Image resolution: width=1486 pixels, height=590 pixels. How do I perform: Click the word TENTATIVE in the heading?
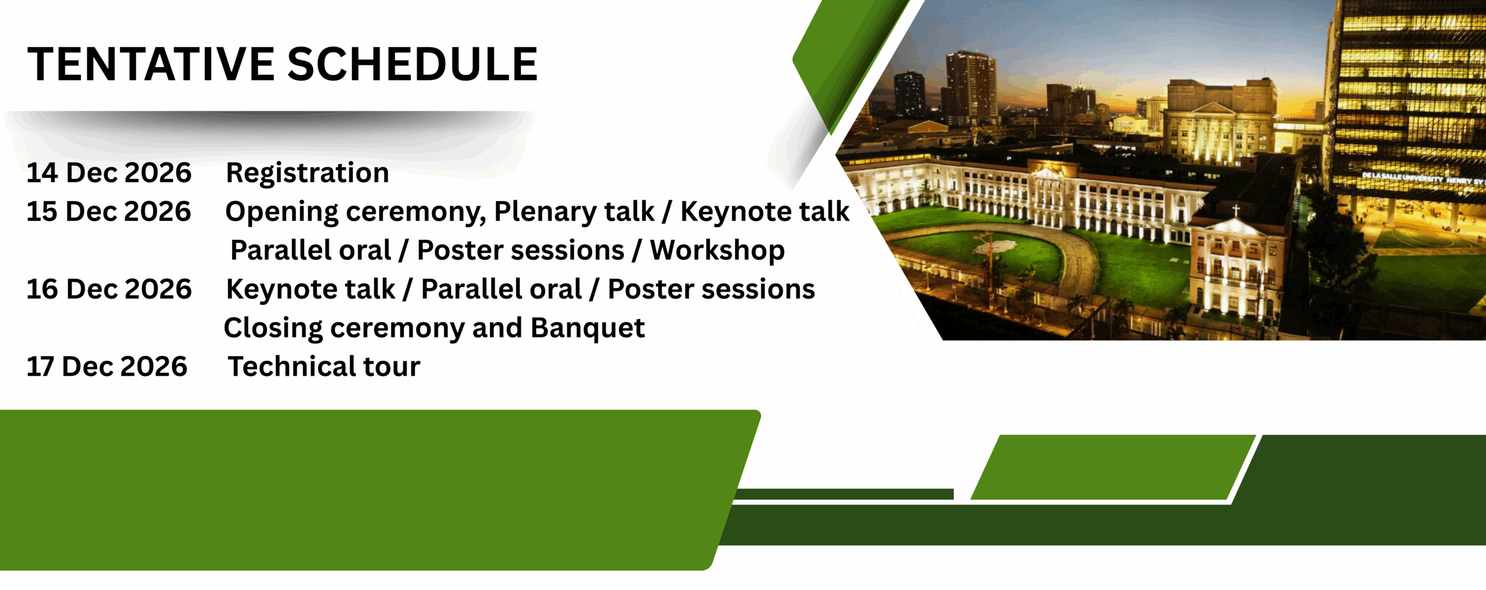[151, 64]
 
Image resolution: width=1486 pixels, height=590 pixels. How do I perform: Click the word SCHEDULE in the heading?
[413, 64]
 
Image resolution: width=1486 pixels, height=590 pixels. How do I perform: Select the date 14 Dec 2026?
[109, 172]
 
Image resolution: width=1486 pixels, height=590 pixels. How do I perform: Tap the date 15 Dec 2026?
[109, 211]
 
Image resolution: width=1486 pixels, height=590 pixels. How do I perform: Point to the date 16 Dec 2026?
[109, 289]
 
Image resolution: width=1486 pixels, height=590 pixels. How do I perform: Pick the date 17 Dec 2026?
[107, 366]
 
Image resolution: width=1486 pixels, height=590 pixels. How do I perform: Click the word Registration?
[308, 173]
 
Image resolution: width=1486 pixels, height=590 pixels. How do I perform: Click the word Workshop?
[717, 251]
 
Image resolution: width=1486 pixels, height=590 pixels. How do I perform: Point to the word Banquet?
[587, 328]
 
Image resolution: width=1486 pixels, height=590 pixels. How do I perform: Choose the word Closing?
[273, 329]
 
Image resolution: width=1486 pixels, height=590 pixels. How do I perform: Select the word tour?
[392, 367]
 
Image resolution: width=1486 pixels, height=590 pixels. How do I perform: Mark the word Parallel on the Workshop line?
[311, 250]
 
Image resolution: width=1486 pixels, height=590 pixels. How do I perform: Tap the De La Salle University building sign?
[1422, 178]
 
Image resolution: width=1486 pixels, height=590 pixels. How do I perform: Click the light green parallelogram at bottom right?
[1113, 467]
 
